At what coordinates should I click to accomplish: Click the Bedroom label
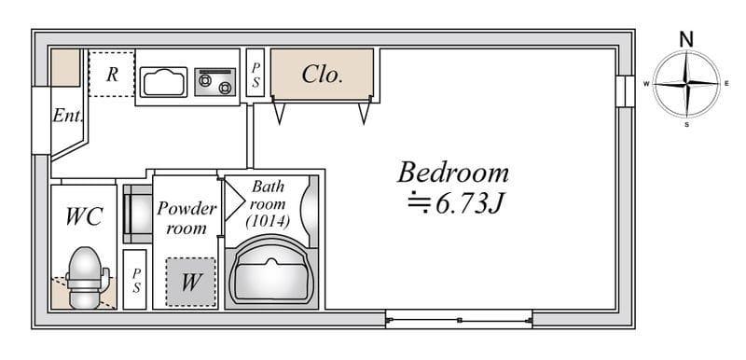(453, 173)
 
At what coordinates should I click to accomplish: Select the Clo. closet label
(322, 75)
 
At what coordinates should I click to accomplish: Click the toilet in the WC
(86, 277)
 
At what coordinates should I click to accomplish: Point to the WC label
(84, 217)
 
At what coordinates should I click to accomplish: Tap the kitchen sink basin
(163, 82)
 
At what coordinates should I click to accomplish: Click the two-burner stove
(215, 82)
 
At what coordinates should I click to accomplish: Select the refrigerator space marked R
(112, 75)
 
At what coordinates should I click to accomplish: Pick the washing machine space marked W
(190, 282)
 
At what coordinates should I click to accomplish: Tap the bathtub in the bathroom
(270, 272)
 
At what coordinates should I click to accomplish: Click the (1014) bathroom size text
(268, 221)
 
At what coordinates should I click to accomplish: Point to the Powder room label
(186, 218)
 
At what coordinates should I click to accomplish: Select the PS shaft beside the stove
(256, 73)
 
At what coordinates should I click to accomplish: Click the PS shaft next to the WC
(135, 280)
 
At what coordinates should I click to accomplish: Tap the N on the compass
(686, 39)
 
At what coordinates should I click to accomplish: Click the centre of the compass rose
(686, 84)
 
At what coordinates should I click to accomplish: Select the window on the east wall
(625, 91)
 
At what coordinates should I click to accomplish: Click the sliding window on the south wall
(459, 319)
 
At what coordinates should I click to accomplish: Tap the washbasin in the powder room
(137, 214)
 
